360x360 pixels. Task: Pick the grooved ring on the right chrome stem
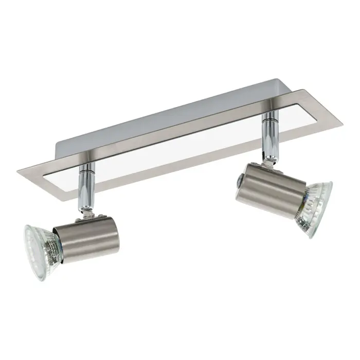[269, 121]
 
